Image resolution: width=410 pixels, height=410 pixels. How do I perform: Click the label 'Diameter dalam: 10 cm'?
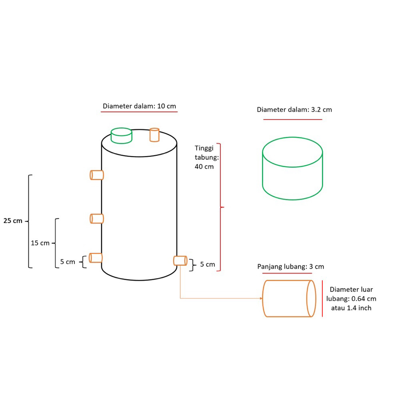point(139,106)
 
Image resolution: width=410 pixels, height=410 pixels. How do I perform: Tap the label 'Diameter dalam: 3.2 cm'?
point(294,110)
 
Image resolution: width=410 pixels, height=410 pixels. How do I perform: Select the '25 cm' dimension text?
point(13,221)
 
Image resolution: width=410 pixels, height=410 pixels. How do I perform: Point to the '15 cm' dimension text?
point(40,243)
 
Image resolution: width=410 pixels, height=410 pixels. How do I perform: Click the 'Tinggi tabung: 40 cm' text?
point(207,157)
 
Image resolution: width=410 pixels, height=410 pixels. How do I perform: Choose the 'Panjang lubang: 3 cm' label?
point(291,266)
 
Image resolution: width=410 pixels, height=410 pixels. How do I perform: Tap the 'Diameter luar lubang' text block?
point(351,299)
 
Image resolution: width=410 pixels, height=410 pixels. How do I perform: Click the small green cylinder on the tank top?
point(121,136)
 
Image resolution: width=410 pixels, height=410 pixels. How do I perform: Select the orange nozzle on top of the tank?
point(155,135)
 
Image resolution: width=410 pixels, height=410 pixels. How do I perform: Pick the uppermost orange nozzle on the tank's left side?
point(97,175)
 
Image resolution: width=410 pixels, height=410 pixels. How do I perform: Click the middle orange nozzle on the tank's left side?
point(97,219)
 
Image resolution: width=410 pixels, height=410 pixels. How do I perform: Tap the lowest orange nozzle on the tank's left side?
point(96,258)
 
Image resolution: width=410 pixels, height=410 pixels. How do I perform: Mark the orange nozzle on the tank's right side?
point(180,261)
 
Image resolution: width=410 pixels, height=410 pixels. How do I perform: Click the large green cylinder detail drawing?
point(292,169)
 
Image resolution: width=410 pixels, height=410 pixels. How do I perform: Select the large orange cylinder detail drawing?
point(289,298)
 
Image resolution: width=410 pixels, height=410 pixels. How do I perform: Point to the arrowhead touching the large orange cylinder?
point(261,298)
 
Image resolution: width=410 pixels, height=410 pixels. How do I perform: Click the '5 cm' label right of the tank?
point(208,264)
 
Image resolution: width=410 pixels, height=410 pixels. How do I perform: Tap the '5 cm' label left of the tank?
point(68,262)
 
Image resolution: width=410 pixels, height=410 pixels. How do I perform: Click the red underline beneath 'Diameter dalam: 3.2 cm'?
point(293,119)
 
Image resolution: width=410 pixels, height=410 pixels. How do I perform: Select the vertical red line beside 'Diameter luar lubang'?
point(322,299)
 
